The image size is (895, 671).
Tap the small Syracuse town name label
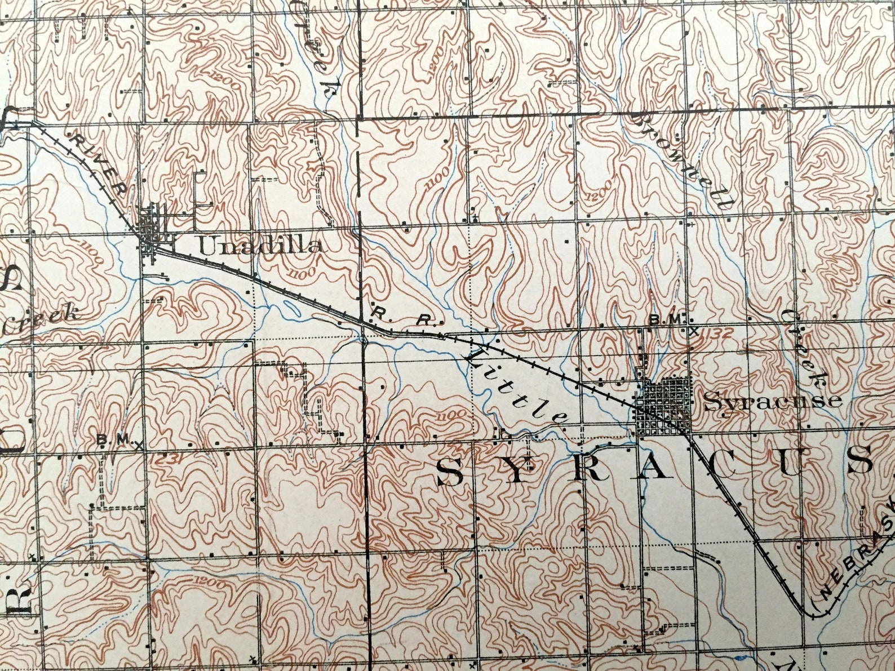coord(773,401)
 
